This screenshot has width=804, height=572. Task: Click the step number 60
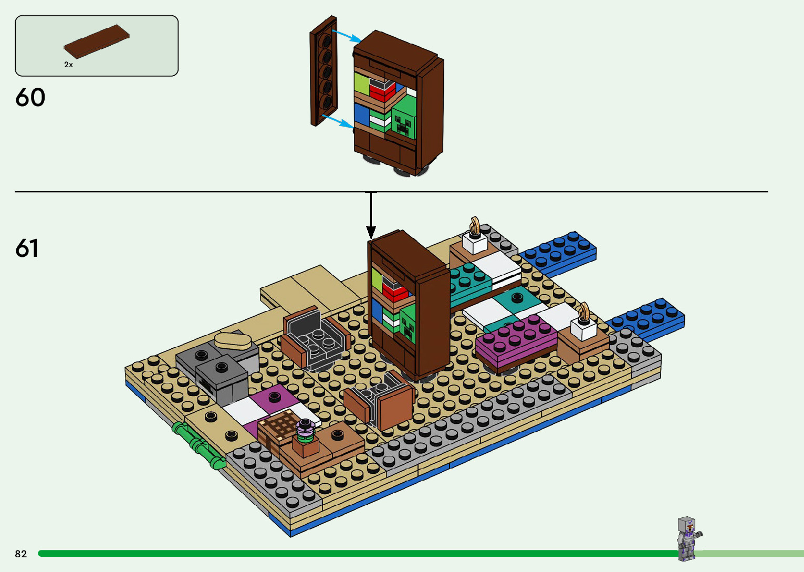(30, 98)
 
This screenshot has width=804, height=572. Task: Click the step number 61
(27, 248)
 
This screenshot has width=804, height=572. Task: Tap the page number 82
(21, 554)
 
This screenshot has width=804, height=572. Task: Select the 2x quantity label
(68, 65)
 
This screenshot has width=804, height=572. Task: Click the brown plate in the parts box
(97, 41)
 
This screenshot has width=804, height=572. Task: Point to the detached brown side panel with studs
(323, 71)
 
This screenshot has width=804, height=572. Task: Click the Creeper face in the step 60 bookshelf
(403, 122)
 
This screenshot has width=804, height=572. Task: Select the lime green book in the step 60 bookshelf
(362, 84)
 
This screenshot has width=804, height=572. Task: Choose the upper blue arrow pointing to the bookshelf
(347, 36)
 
